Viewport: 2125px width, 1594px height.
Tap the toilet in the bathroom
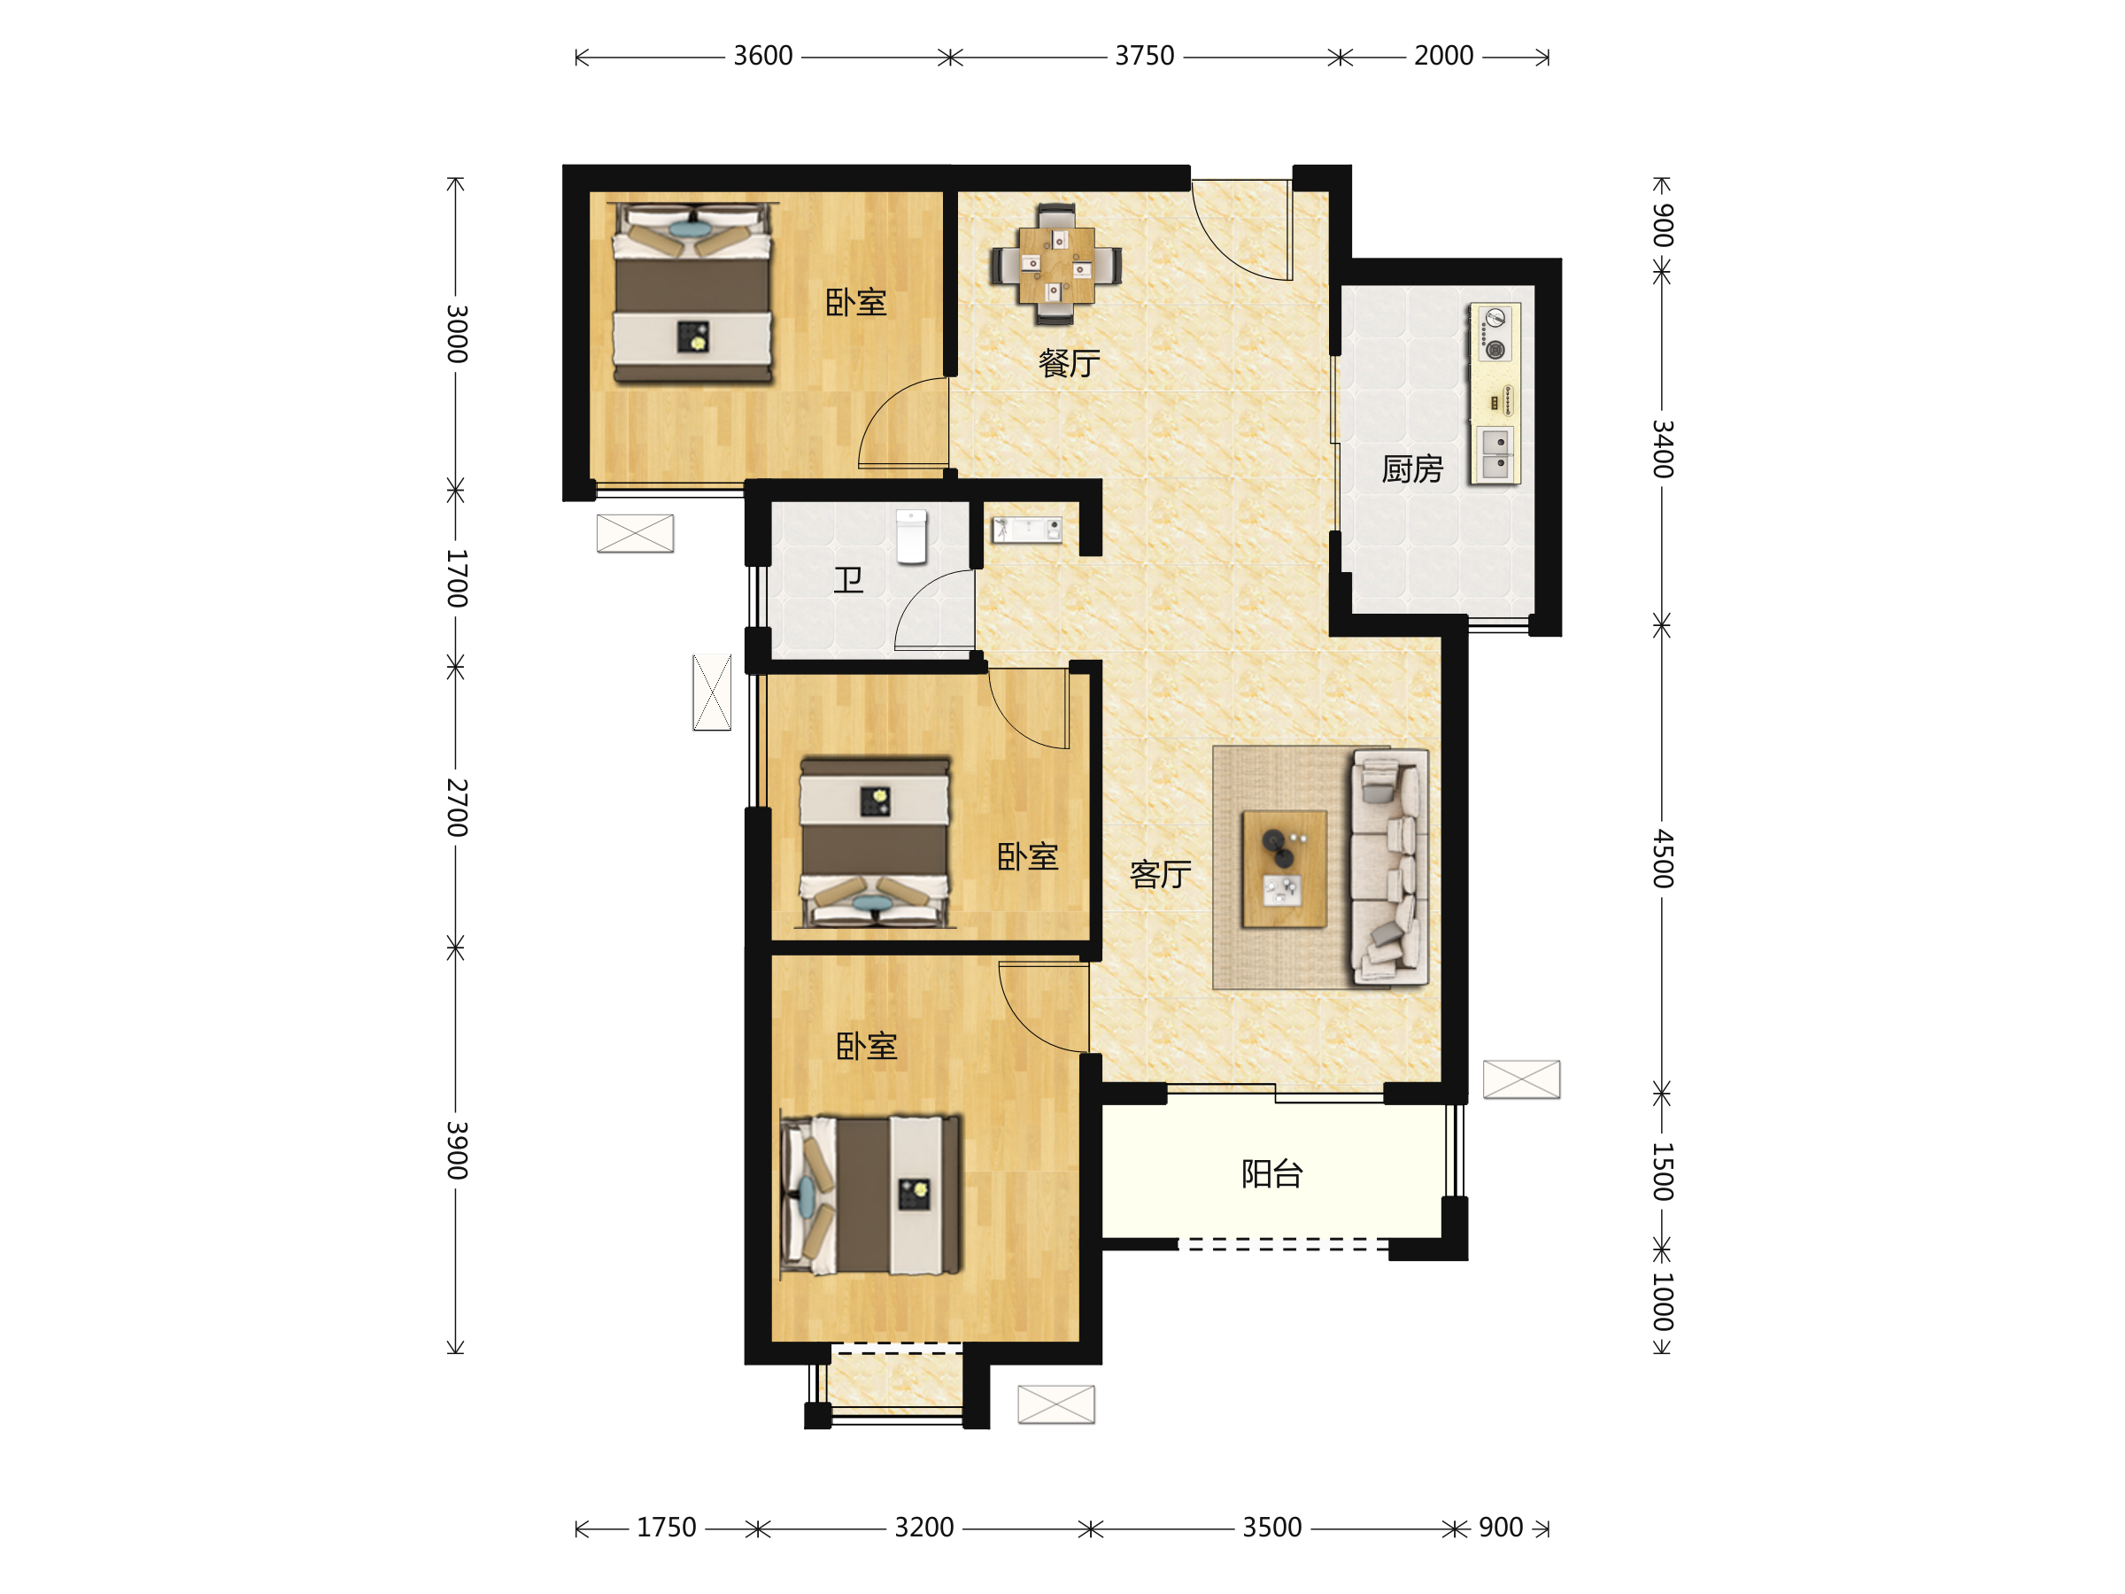click(912, 536)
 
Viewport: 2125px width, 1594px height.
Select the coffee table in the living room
click(1285, 870)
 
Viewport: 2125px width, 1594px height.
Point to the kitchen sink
click(1495, 453)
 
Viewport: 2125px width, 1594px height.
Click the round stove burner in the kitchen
click(1495, 350)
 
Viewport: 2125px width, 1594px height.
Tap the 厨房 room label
click(1412, 468)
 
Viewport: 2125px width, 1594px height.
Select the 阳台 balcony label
click(1272, 1174)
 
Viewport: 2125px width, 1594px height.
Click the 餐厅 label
click(1070, 363)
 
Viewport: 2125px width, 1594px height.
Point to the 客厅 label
click(1161, 874)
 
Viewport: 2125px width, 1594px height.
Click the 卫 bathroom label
click(848, 580)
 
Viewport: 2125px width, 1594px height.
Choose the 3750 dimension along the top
click(1144, 56)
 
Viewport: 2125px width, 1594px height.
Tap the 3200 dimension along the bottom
click(924, 1527)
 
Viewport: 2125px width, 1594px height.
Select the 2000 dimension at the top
click(1444, 56)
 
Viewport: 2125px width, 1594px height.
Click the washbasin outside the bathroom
click(1027, 530)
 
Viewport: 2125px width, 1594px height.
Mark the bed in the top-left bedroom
click(692, 293)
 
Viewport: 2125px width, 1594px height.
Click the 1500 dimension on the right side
click(1663, 1172)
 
